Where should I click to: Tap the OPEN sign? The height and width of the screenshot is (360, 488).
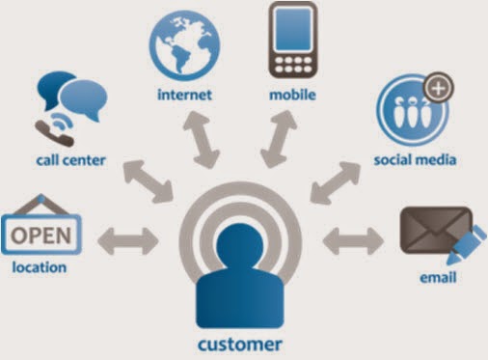pyautogui.click(x=41, y=234)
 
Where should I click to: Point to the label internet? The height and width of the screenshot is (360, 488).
pyautogui.click(x=184, y=95)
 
